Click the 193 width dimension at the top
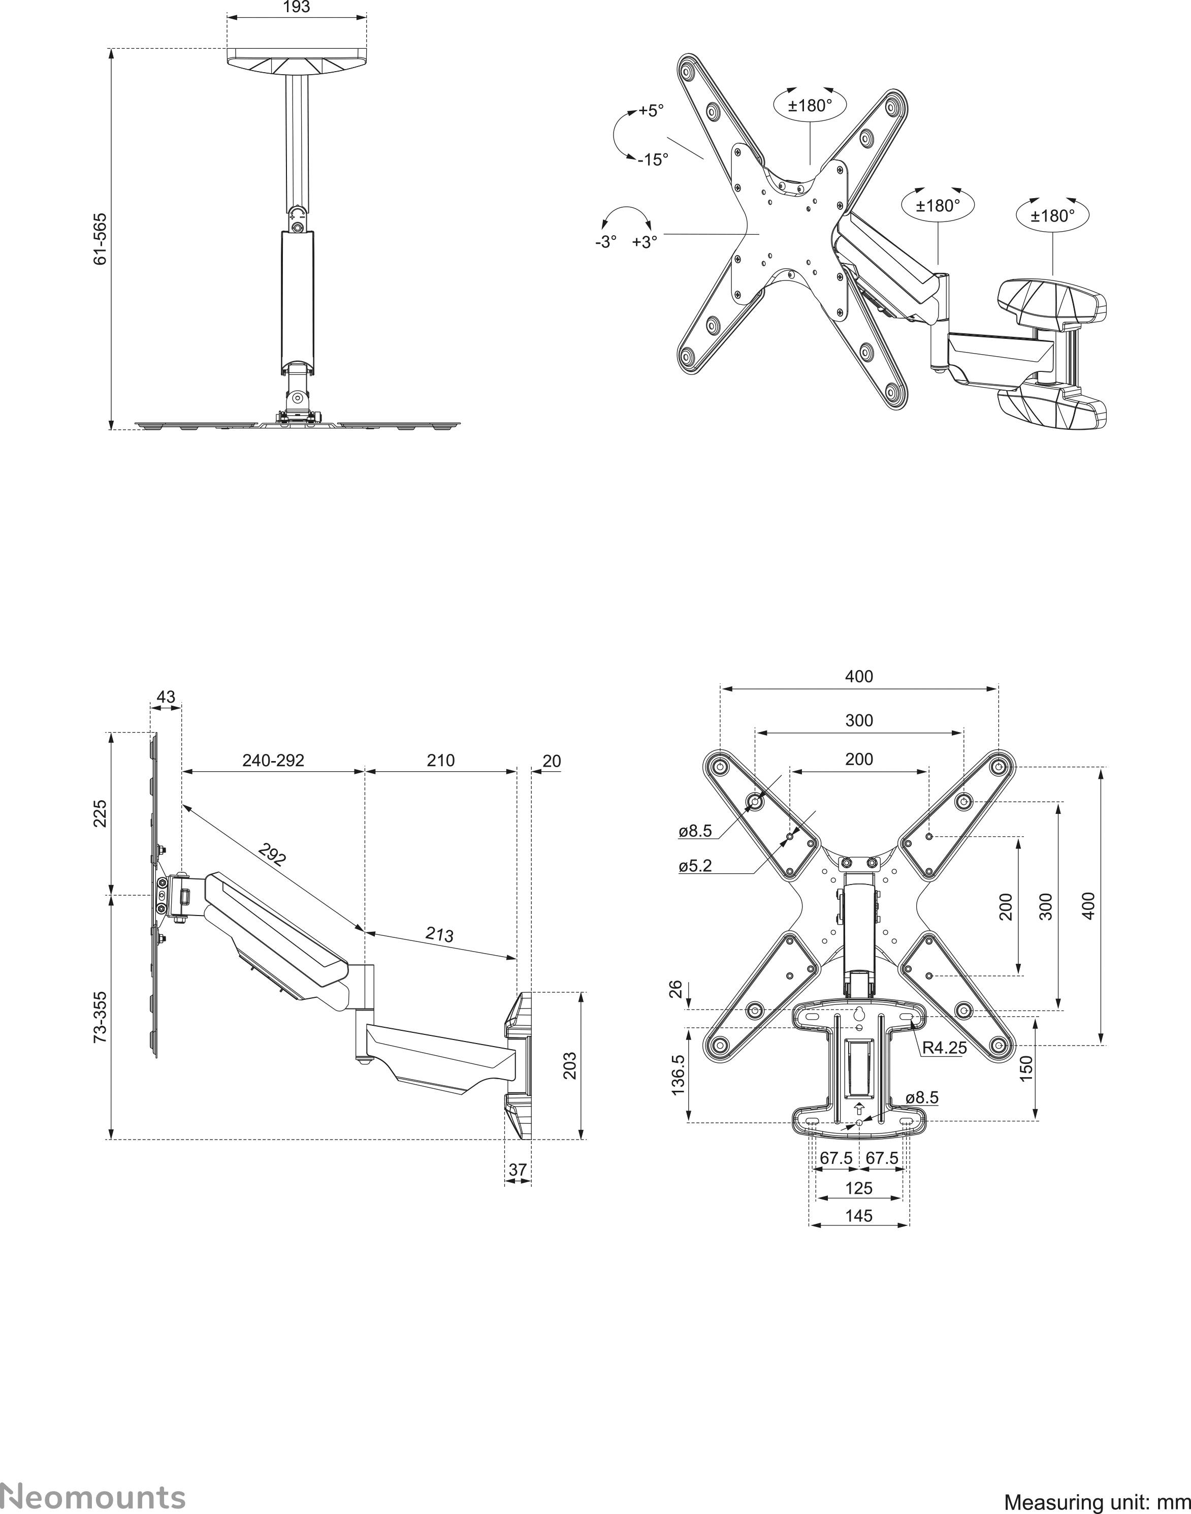pyautogui.click(x=297, y=7)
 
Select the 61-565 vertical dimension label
pyautogui.click(x=101, y=238)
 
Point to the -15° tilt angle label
pyautogui.click(x=653, y=160)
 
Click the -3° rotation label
pyautogui.click(x=605, y=242)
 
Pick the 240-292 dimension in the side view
pyautogui.click(x=273, y=760)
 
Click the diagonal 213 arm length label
pyautogui.click(x=439, y=934)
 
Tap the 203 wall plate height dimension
pyautogui.click(x=570, y=1065)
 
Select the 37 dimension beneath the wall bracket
pyautogui.click(x=518, y=1170)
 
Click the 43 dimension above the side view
pyautogui.click(x=166, y=697)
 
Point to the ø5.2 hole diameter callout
pyautogui.click(x=695, y=867)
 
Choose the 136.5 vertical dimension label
pyautogui.click(x=679, y=1075)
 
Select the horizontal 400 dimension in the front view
pyautogui.click(x=858, y=676)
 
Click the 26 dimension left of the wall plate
pyautogui.click(x=675, y=989)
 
